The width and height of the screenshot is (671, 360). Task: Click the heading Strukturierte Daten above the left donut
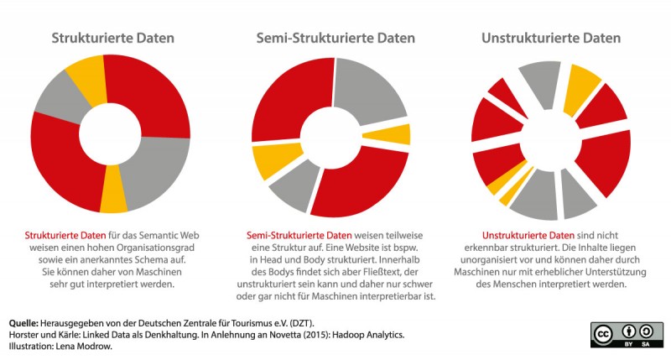tap(113, 39)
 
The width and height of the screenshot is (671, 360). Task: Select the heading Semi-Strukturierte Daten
tap(335, 39)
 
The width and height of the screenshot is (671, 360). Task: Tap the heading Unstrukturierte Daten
tap(551, 39)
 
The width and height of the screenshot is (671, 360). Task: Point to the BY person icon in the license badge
tap(630, 328)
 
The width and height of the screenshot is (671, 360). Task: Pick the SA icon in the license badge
tap(649, 328)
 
